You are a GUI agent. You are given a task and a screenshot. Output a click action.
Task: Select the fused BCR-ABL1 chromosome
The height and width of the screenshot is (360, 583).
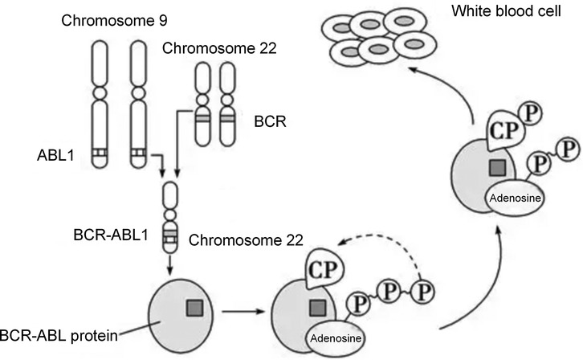pyautogui.click(x=170, y=215)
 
